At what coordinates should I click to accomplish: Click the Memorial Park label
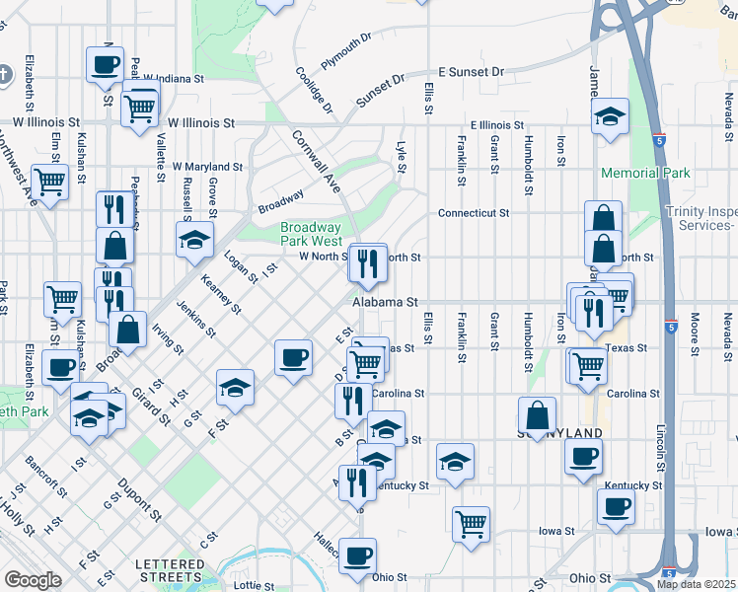point(646,174)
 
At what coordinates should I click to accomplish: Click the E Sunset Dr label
point(471,72)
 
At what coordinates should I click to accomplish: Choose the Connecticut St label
point(474,212)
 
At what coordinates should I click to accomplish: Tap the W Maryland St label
point(207,168)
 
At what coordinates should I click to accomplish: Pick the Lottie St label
point(254,585)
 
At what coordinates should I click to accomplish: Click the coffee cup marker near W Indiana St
point(105,65)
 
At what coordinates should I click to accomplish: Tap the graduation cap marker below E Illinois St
point(611,117)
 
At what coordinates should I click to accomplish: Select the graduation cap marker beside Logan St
point(194,240)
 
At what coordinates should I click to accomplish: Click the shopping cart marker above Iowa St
point(472,522)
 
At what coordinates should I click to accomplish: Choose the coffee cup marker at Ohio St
point(357,555)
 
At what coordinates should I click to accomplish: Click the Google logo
point(33,580)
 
